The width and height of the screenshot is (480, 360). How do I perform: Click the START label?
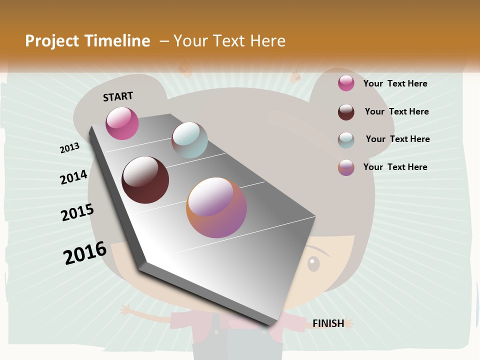coord(118,96)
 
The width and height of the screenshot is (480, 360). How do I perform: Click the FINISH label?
coord(328,323)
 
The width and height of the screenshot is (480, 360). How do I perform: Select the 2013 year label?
coord(70,148)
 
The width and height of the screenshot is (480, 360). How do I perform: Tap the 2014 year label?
coord(73,177)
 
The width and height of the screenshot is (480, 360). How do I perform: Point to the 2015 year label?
coord(77,212)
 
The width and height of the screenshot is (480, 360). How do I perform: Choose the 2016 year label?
coord(85,253)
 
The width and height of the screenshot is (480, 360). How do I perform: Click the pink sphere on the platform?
coord(122,123)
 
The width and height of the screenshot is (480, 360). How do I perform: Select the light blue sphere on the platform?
coord(189,140)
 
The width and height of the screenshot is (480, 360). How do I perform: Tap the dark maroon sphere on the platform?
coord(145,180)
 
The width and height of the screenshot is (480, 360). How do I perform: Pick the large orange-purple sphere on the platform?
coord(216,207)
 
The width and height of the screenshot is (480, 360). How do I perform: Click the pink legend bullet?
coord(346,83)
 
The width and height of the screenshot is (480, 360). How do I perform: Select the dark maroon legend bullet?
coord(346,112)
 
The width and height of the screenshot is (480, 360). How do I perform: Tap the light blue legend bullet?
coord(346,140)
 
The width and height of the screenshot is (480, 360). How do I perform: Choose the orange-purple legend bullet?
coord(346,167)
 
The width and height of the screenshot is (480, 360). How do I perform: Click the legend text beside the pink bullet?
coord(395,83)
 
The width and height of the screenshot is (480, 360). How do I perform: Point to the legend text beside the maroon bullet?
coord(396,111)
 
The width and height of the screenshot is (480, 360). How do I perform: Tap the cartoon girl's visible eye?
coord(313,262)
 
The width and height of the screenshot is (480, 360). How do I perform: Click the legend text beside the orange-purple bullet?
coord(395,167)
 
